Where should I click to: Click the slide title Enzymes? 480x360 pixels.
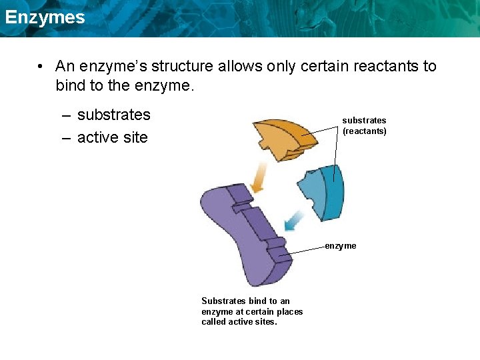[45, 17]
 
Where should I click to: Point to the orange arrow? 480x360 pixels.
[257, 177]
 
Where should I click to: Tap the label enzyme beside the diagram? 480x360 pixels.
[341, 246]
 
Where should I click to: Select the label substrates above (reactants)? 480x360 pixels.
[364, 121]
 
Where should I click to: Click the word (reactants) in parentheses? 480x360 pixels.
[365, 131]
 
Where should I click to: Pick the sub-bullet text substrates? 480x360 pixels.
[114, 115]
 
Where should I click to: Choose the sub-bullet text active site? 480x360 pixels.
[113, 138]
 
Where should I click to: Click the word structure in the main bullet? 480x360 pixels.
[182, 67]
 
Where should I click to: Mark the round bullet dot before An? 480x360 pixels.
[41, 67]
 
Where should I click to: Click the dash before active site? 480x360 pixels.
[67, 138]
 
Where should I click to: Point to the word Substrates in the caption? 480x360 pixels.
[223, 301]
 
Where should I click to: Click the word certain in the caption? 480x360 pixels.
[257, 311]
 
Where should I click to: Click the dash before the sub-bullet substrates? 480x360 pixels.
[67, 115]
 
